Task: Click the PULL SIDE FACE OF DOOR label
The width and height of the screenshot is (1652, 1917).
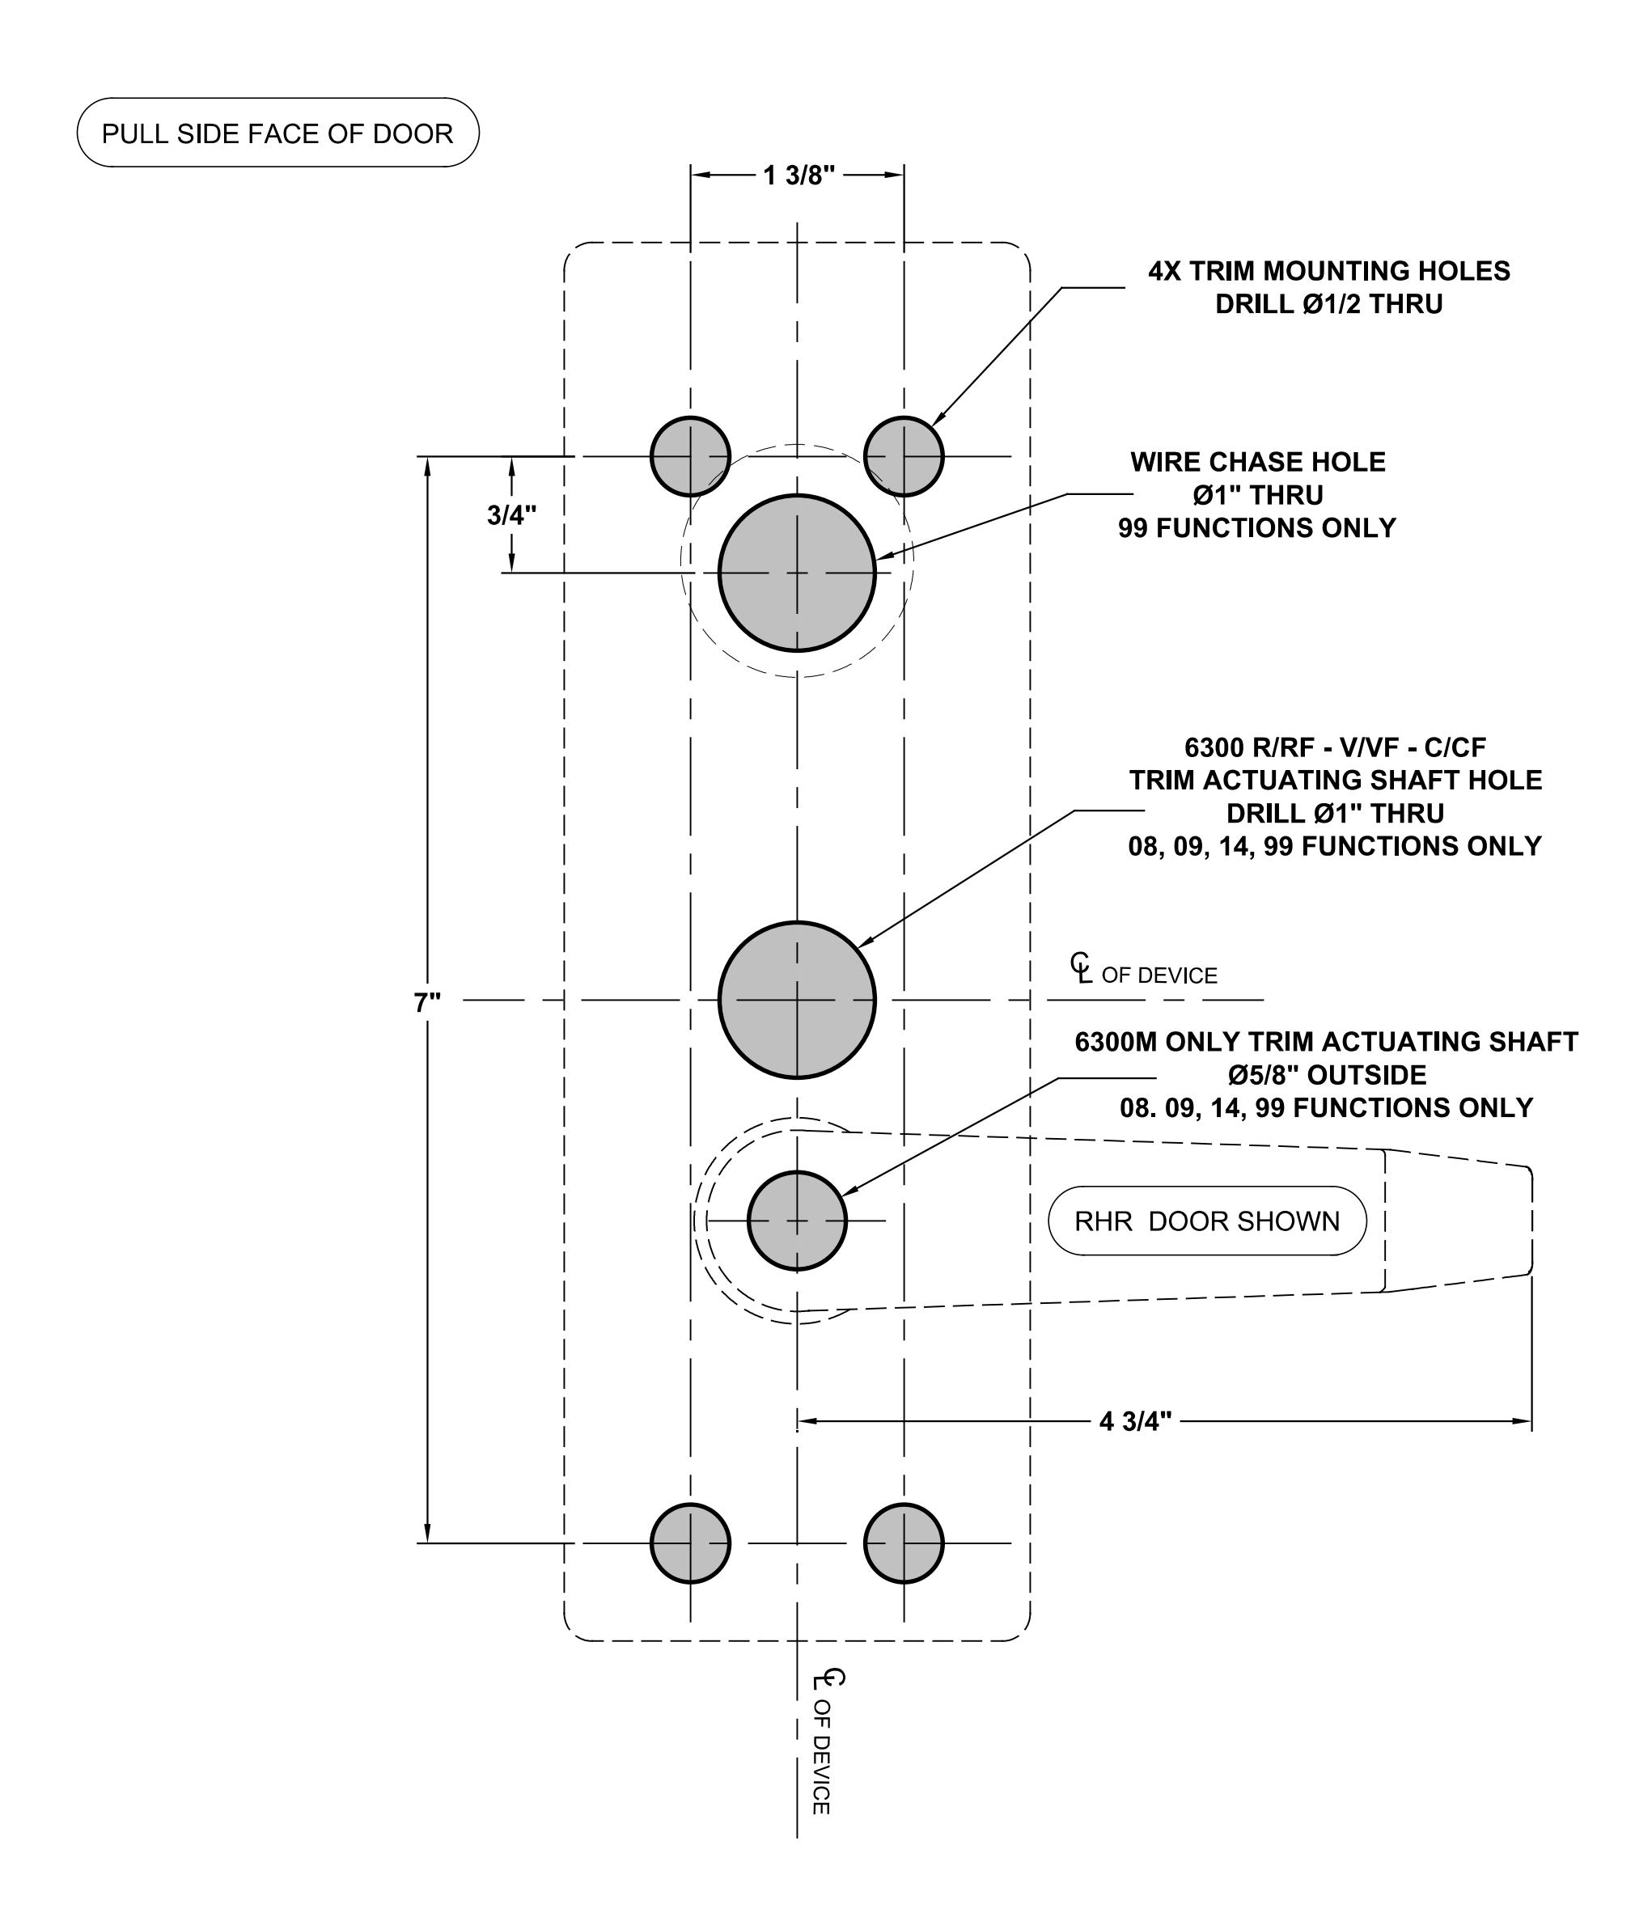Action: [x=277, y=133]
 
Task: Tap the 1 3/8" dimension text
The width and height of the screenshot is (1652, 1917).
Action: [x=798, y=175]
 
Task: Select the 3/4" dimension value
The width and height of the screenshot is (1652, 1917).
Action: [x=512, y=515]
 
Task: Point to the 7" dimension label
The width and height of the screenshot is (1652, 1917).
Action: [x=428, y=1002]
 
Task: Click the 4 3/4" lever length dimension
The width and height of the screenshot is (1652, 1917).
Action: [x=1136, y=1421]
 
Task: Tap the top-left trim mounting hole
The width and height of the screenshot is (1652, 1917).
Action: [x=690, y=456]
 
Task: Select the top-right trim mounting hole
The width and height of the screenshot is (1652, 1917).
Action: [x=904, y=456]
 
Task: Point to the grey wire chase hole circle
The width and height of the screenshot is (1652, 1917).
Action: [x=797, y=573]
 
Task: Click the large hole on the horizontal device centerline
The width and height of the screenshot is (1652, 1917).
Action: [x=797, y=1000]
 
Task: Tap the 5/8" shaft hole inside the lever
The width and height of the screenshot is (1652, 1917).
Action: [x=797, y=1221]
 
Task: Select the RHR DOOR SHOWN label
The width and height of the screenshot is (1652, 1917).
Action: [x=1207, y=1221]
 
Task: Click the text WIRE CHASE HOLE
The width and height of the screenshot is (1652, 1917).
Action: [x=1258, y=462]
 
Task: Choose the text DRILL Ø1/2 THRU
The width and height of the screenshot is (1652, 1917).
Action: [x=1329, y=303]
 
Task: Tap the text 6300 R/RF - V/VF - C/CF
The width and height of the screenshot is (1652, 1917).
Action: [x=1336, y=747]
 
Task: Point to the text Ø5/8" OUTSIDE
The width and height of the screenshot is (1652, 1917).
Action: [x=1327, y=1075]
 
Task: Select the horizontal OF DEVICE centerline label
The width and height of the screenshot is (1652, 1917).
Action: [x=1159, y=975]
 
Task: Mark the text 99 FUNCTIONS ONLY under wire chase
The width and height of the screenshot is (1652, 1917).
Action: [x=1257, y=527]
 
